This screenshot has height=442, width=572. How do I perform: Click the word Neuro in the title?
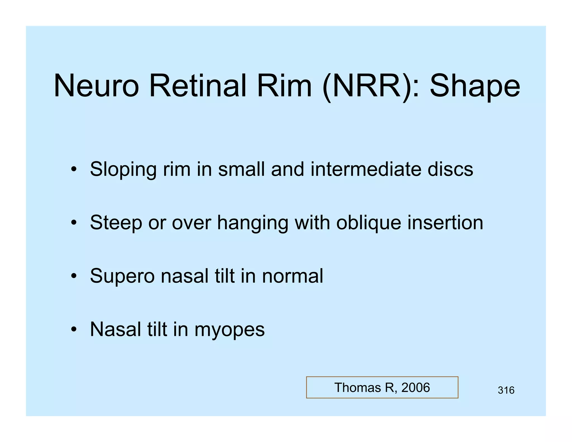[x=96, y=86]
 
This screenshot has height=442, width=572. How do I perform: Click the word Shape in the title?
[x=475, y=86]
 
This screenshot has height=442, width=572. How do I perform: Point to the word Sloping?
[x=123, y=170]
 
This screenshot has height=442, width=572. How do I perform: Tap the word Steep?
[x=116, y=223]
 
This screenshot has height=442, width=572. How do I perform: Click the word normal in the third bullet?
[x=292, y=276]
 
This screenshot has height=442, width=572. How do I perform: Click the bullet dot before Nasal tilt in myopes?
[x=73, y=329]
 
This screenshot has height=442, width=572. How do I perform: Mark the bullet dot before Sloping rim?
[x=73, y=169]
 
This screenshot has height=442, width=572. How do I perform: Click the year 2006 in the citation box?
[x=415, y=388]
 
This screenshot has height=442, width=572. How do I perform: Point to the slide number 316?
[x=506, y=390]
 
